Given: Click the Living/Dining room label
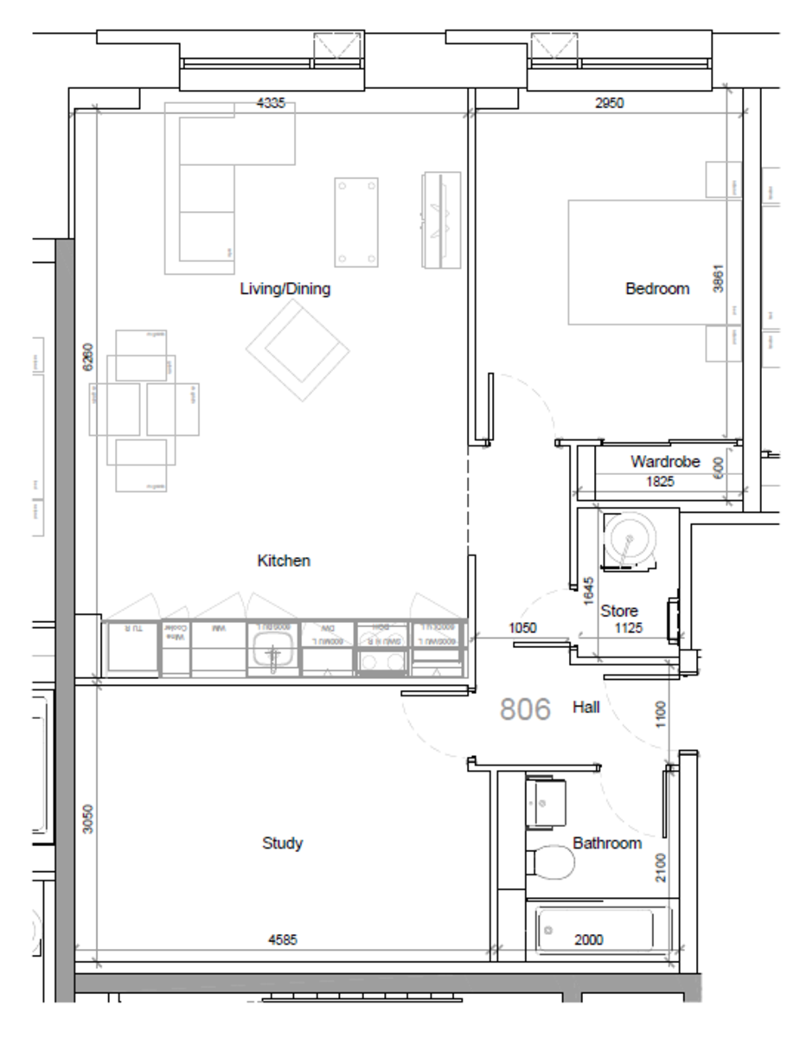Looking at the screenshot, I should (x=285, y=289).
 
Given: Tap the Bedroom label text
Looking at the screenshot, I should (x=657, y=289).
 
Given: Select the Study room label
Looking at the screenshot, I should (x=282, y=843).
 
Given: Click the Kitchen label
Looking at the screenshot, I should (x=284, y=561).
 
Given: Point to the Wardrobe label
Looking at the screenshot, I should (x=664, y=461).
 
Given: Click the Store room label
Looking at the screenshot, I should (x=619, y=611).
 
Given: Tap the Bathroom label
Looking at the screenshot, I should (x=607, y=843).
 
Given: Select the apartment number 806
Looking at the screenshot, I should (x=526, y=709).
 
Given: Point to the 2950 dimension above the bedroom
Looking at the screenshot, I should (x=609, y=103).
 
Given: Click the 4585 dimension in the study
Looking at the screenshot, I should (x=283, y=939).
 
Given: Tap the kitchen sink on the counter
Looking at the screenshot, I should (x=272, y=645).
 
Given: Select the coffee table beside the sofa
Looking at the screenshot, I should (x=356, y=222).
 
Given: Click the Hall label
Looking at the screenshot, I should (x=586, y=708).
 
